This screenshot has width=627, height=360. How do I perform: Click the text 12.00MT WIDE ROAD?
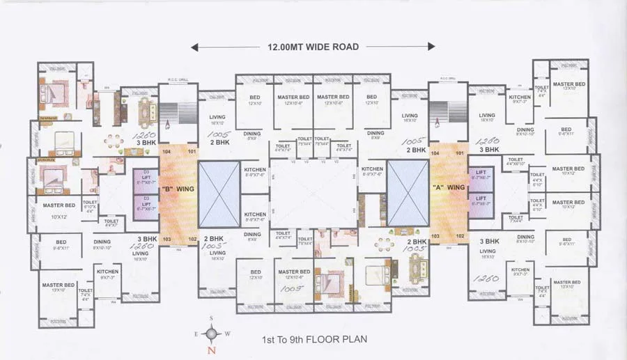pos(313,47)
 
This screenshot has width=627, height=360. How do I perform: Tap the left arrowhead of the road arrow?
pos(196,47)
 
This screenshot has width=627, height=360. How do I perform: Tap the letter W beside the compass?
pos(227,333)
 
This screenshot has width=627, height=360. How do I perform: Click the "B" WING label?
pos(178,189)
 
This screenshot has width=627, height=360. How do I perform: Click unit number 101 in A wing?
pos(460,152)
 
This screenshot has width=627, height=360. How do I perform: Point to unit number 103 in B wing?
pos(167,239)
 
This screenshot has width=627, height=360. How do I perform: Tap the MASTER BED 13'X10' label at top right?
pos(569,86)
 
